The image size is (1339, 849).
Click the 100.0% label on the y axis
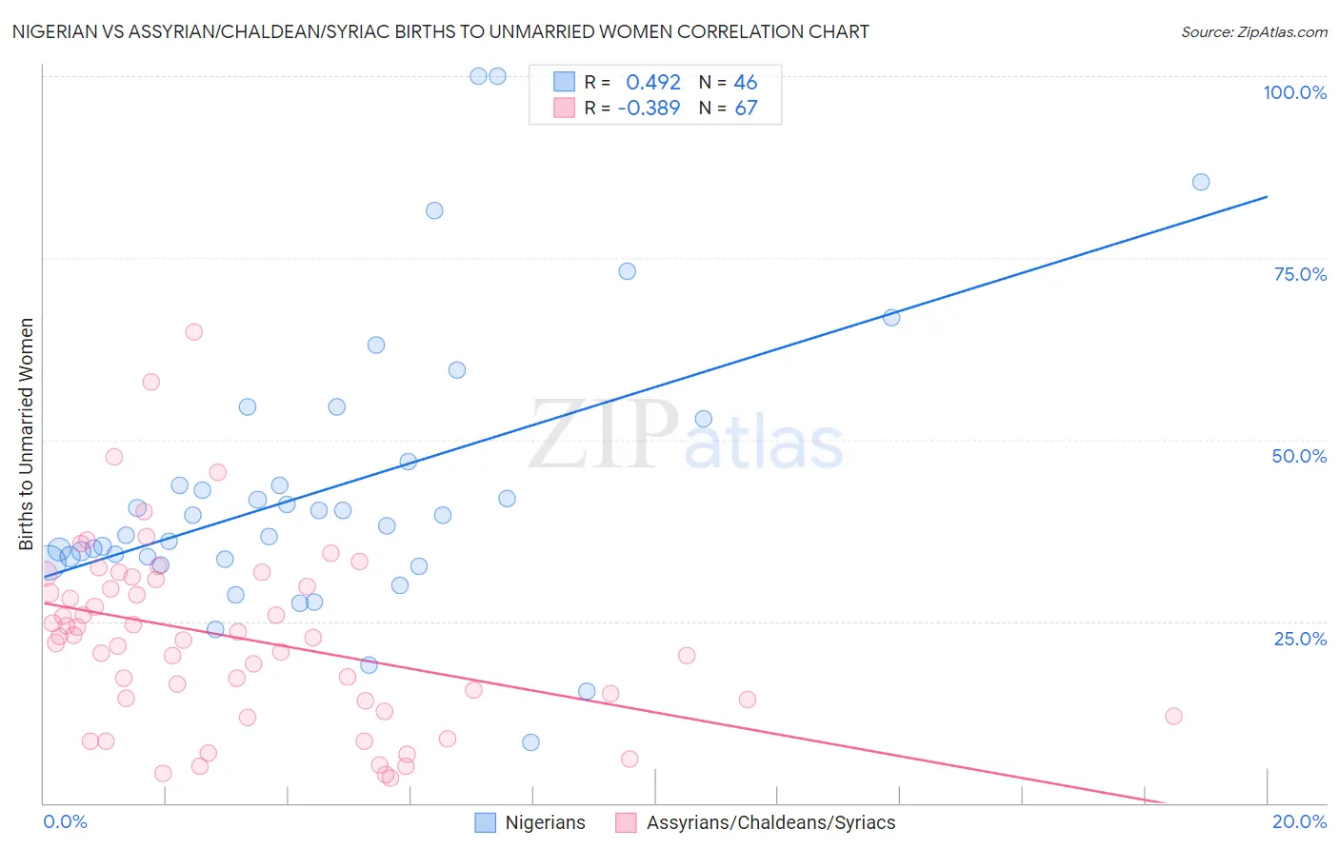tap(1294, 92)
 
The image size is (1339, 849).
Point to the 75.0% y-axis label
tap(1300, 274)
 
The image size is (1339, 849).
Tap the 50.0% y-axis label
tap(1299, 456)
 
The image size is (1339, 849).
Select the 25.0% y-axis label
tap(1300, 638)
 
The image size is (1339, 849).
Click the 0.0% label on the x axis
tap(65, 821)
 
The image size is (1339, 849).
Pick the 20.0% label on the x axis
tap(1299, 821)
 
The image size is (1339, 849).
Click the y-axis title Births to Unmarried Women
tap(26, 434)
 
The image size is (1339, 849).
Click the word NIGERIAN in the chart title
tap(55, 31)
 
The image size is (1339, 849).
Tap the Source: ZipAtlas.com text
tap(1253, 31)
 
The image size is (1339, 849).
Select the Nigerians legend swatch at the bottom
tap(485, 822)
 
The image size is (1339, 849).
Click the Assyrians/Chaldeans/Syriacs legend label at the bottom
tap(770, 822)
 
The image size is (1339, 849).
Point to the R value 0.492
tap(652, 83)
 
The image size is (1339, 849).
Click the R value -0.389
tap(649, 108)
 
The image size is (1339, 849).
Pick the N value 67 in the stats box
tap(746, 108)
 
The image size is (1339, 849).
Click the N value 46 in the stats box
tap(746, 83)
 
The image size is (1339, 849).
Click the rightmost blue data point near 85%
tap(1201, 182)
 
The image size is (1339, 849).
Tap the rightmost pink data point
tap(1173, 716)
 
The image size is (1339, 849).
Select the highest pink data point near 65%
tap(193, 332)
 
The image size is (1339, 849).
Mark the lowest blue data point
tap(530, 742)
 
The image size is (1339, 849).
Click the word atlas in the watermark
tap(764, 444)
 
